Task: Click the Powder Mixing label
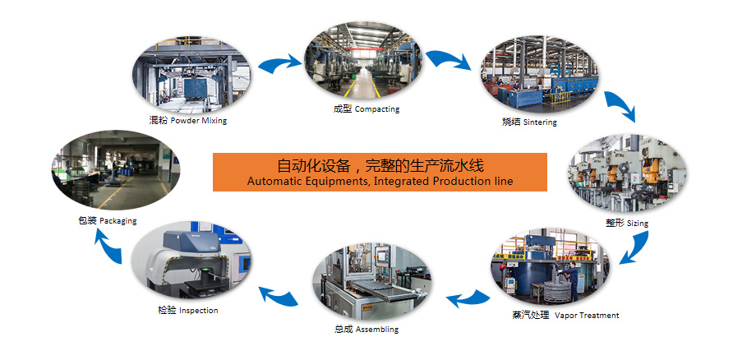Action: coord(187,121)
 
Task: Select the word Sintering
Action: coord(540,122)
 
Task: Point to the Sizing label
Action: coord(627,223)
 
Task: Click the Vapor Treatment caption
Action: coord(565,316)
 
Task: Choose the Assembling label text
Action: coord(366,330)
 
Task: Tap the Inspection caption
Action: coord(187,311)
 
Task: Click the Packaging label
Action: coord(108,221)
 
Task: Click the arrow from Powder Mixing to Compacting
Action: coord(279,63)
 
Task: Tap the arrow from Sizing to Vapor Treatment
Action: coord(635,248)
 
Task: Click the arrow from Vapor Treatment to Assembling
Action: coord(468,299)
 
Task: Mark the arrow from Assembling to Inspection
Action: coord(279,296)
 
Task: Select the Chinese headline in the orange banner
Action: coord(380,166)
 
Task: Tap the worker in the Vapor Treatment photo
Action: coord(571,279)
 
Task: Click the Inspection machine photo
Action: coord(191,261)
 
